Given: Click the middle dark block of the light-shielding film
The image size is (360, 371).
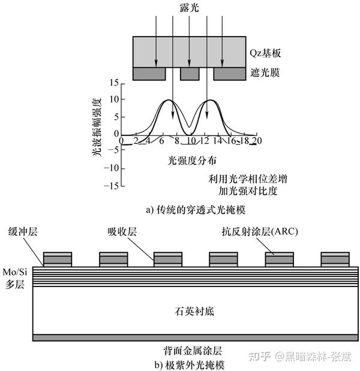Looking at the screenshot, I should [190, 74].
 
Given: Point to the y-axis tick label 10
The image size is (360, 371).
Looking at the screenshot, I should [113, 99].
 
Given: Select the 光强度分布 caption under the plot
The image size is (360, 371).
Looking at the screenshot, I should [188, 161].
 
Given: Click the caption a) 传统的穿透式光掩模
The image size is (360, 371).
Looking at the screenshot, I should [189, 210].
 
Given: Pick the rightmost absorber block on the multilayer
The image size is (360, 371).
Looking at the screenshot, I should [335, 259].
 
